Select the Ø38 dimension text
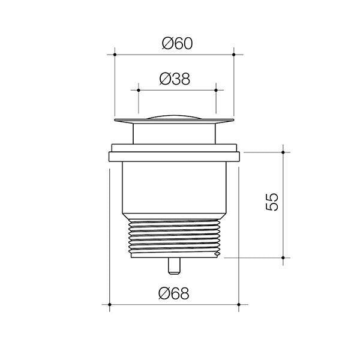[x=176, y=79]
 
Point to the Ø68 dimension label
[x=174, y=293]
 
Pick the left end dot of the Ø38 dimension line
[x=139, y=90]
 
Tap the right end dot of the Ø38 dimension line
[x=215, y=90]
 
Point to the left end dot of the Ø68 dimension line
[x=110, y=305]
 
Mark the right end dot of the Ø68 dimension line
[x=239, y=305]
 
